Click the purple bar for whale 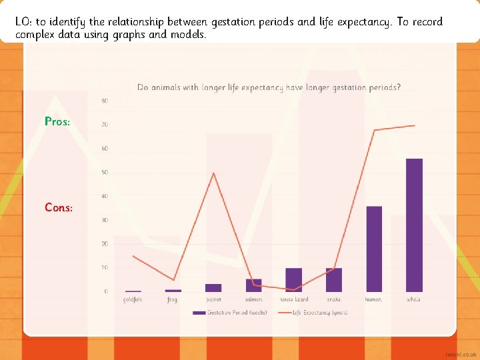[414, 225]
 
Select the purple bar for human [374, 249]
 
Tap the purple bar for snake [334, 280]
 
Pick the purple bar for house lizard [294, 280]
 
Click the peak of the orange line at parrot [213, 173]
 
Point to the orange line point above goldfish [133, 256]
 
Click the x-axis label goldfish [133, 300]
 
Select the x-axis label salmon [253, 300]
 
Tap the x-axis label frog [173, 300]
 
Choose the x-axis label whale [414, 300]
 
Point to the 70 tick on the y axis [105, 125]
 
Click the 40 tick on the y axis [105, 196]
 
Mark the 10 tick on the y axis [105, 267]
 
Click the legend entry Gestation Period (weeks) [230, 312]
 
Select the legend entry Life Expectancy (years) [313, 312]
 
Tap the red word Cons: [59, 207]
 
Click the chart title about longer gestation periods [269, 87]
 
